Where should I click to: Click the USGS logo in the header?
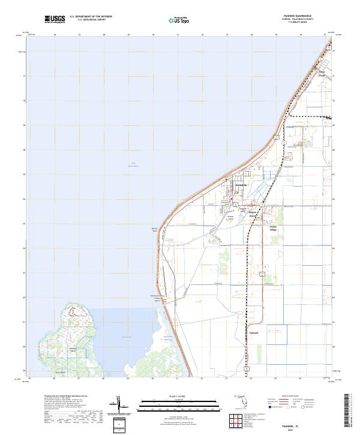coord(55,19)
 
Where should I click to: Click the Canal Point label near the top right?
coord(322,74)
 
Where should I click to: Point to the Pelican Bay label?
coord(127,337)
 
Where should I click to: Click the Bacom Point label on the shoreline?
coord(154,229)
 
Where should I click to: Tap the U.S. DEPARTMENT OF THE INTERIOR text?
coord(91,17)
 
